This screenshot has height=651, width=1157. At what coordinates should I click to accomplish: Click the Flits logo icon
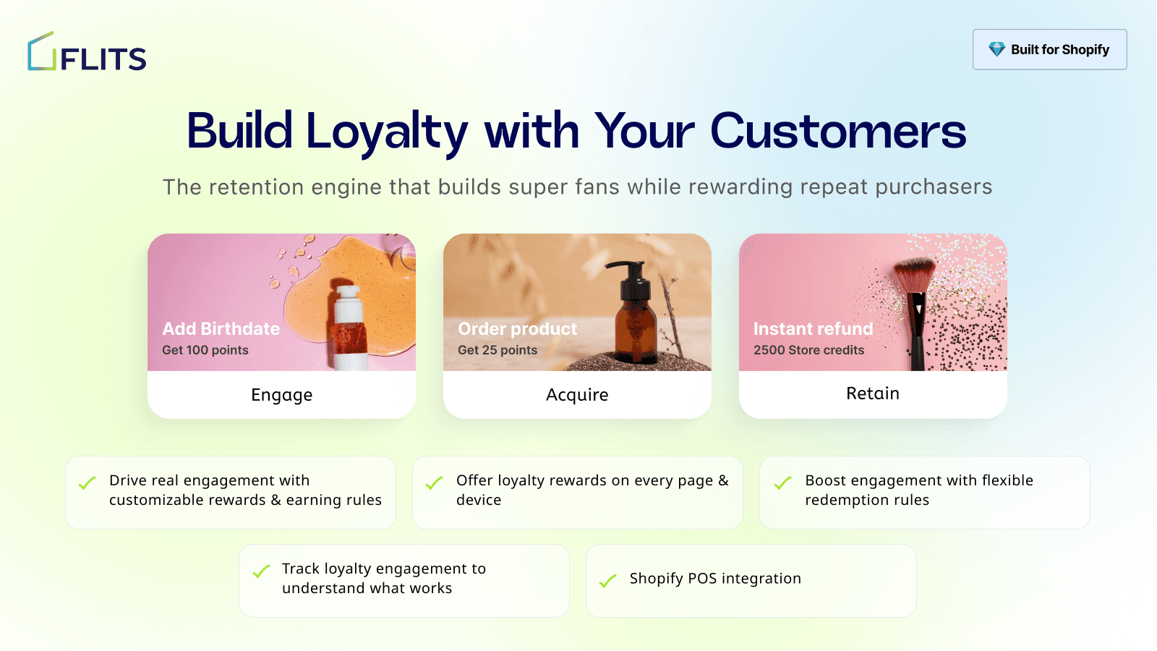tap(42, 52)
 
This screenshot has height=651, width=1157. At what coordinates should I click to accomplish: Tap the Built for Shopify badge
tap(1049, 49)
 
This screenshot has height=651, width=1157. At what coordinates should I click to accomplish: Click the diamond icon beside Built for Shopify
tap(996, 49)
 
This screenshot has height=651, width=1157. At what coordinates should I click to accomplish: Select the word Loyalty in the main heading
tap(387, 132)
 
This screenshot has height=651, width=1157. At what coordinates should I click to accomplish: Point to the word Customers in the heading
tap(837, 132)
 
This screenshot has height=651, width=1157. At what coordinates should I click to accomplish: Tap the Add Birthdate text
tap(221, 329)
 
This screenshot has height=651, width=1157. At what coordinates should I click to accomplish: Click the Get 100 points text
tap(205, 350)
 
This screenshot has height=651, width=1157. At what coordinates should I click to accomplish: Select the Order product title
tap(518, 329)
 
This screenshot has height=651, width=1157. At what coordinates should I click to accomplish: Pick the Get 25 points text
tap(498, 350)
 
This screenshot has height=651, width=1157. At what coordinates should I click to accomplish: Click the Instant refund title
tap(813, 329)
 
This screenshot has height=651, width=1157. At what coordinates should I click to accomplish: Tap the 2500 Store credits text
tap(808, 350)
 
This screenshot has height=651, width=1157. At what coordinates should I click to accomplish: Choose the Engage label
tap(281, 395)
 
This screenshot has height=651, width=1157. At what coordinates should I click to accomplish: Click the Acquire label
tap(577, 395)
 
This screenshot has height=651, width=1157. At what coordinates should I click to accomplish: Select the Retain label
tap(873, 393)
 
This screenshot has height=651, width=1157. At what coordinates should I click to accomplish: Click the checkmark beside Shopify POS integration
tap(608, 580)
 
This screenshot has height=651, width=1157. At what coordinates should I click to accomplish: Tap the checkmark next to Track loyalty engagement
tap(261, 571)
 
